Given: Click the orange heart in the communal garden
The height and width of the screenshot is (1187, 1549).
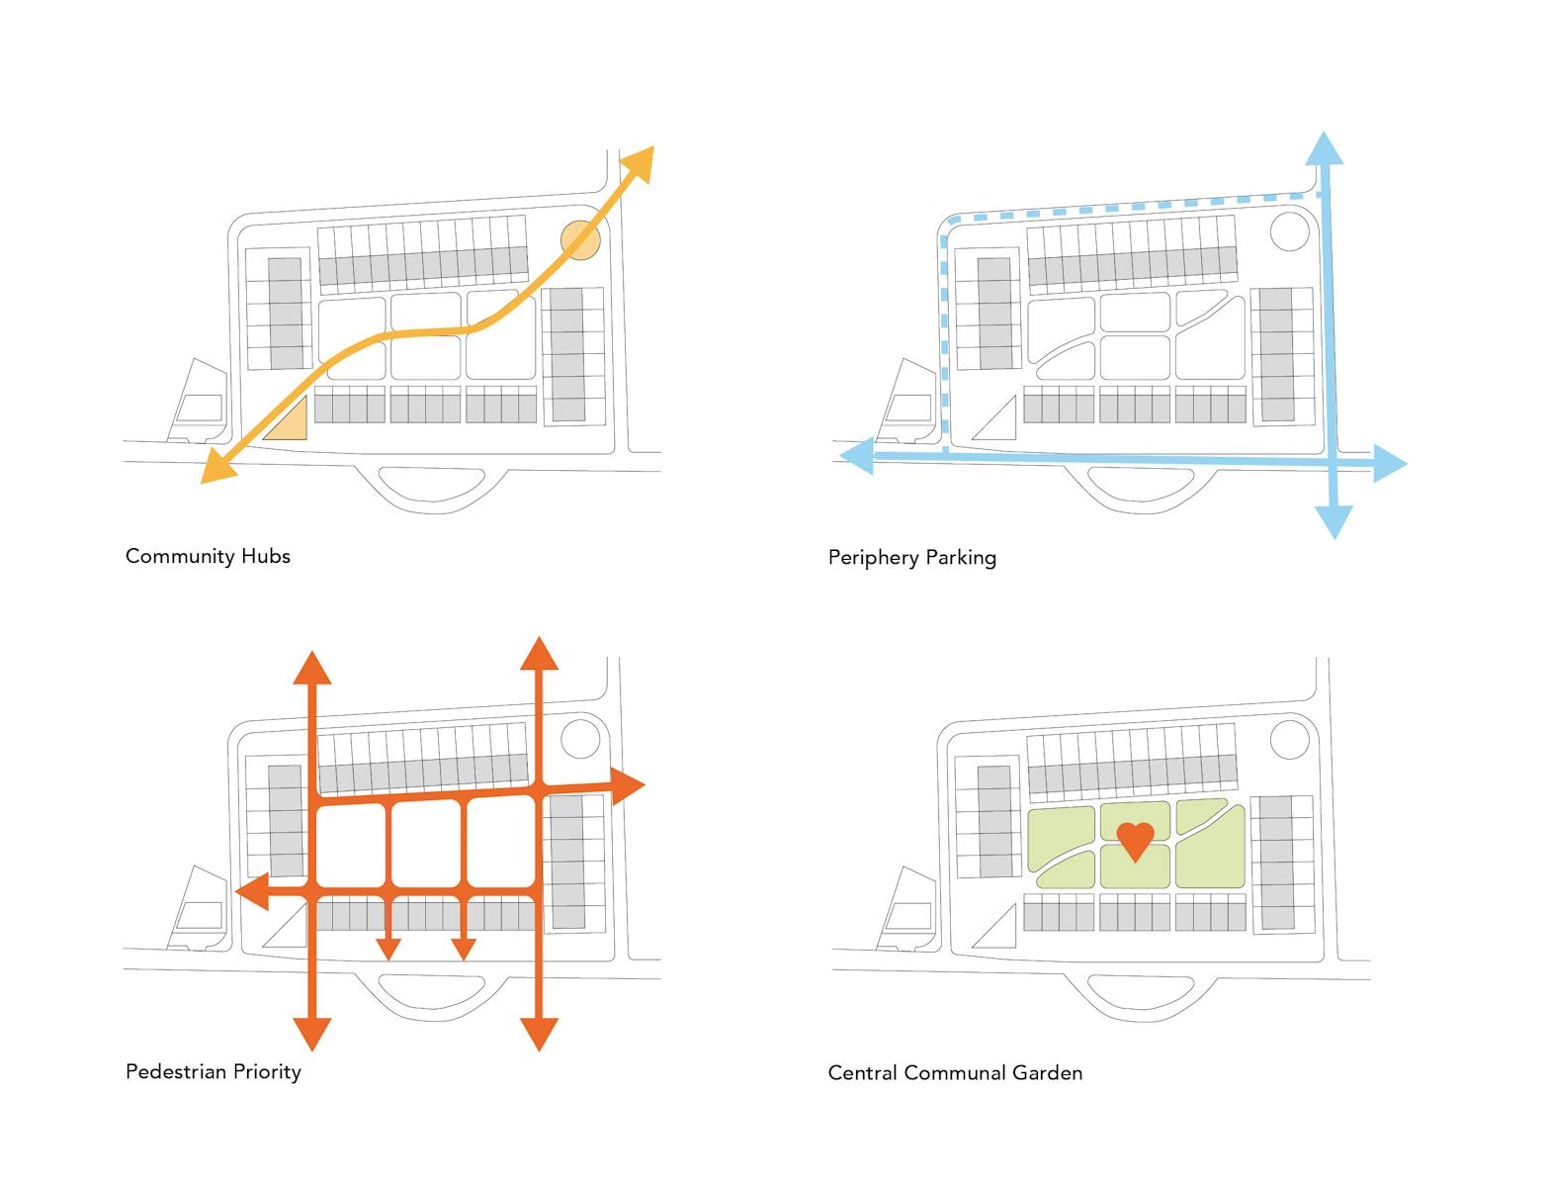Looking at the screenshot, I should point(1135,839).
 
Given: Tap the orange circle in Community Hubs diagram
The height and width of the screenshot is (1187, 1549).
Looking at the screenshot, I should point(580,240).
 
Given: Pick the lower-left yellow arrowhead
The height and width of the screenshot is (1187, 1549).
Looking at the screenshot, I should point(216,467).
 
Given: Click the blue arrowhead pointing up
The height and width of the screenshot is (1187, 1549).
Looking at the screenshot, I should point(1325,148).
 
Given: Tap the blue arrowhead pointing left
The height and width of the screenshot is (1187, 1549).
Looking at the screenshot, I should point(856,455).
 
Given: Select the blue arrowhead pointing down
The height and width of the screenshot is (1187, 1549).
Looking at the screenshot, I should point(1334,521).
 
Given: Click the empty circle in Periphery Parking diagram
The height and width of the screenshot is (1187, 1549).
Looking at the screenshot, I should point(1289,232).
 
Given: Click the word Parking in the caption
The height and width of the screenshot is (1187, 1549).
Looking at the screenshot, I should point(963,558).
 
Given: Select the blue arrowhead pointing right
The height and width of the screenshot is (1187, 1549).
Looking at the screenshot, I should point(1389,463).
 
